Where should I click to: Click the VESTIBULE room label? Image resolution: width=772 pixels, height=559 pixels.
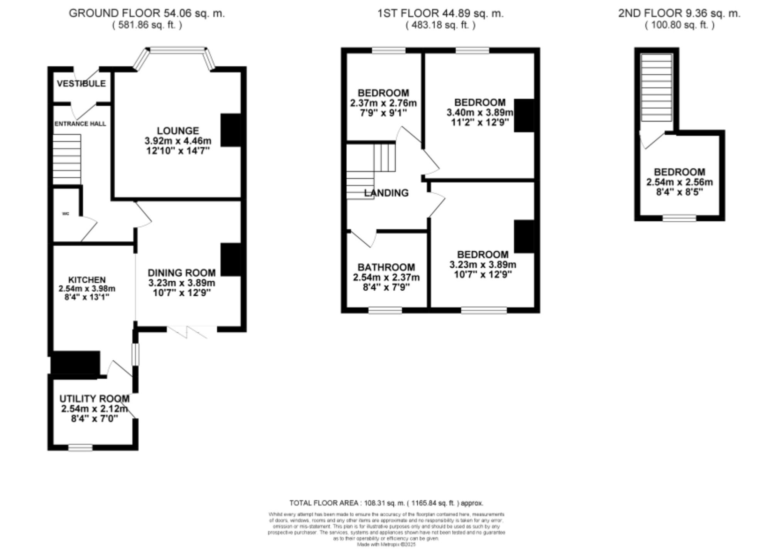[x=81, y=84]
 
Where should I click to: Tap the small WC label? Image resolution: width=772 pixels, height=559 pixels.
[x=66, y=214]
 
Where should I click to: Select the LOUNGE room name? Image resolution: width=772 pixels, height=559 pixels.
[x=178, y=131]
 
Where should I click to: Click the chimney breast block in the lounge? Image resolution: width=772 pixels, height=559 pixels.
[x=230, y=130]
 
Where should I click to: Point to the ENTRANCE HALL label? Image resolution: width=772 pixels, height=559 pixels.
[x=80, y=124]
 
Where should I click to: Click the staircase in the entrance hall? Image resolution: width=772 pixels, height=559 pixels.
[x=67, y=159]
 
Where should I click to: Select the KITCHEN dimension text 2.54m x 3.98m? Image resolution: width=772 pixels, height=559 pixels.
[x=87, y=288]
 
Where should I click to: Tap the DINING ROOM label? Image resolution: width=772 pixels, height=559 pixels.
[x=181, y=273]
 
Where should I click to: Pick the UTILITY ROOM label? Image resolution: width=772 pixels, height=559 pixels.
[x=94, y=399]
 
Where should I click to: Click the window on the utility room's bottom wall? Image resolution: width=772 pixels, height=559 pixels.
[x=80, y=448]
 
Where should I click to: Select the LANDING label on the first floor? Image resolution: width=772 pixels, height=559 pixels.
[x=386, y=193]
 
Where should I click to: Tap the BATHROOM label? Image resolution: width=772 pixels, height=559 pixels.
[x=386, y=267]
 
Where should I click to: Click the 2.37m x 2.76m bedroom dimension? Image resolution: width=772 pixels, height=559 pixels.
[x=383, y=103]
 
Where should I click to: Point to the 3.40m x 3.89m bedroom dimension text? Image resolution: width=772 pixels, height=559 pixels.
[x=479, y=113]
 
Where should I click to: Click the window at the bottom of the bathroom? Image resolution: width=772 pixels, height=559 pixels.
[x=385, y=310]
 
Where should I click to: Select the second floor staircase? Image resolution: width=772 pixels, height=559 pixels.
[x=656, y=88]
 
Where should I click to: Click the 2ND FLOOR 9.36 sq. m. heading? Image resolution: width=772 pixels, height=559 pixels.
[x=679, y=13]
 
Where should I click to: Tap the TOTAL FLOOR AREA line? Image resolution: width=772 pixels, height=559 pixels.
[x=386, y=503]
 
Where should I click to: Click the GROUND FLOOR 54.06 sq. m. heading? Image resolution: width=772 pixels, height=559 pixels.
[x=147, y=13]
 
